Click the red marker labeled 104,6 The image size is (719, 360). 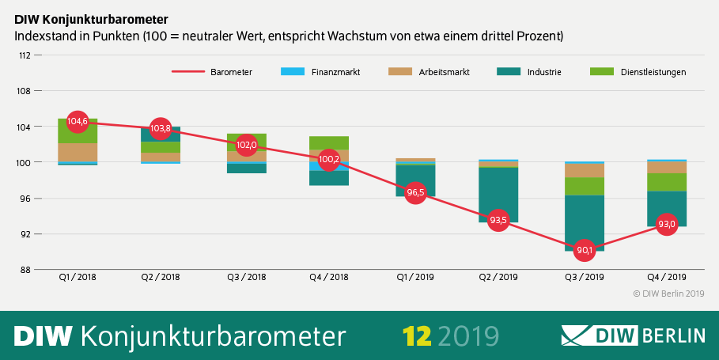(78, 122)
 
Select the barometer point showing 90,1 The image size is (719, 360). (585, 251)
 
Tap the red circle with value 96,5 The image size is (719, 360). (416, 193)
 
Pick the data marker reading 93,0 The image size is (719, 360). (667, 224)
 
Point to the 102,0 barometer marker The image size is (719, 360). (246, 145)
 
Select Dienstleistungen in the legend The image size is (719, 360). (638, 72)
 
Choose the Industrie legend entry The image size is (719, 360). (529, 72)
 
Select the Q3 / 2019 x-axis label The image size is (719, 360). (585, 278)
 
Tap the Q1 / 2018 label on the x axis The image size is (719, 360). (78, 278)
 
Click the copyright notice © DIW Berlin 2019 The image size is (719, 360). (668, 294)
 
